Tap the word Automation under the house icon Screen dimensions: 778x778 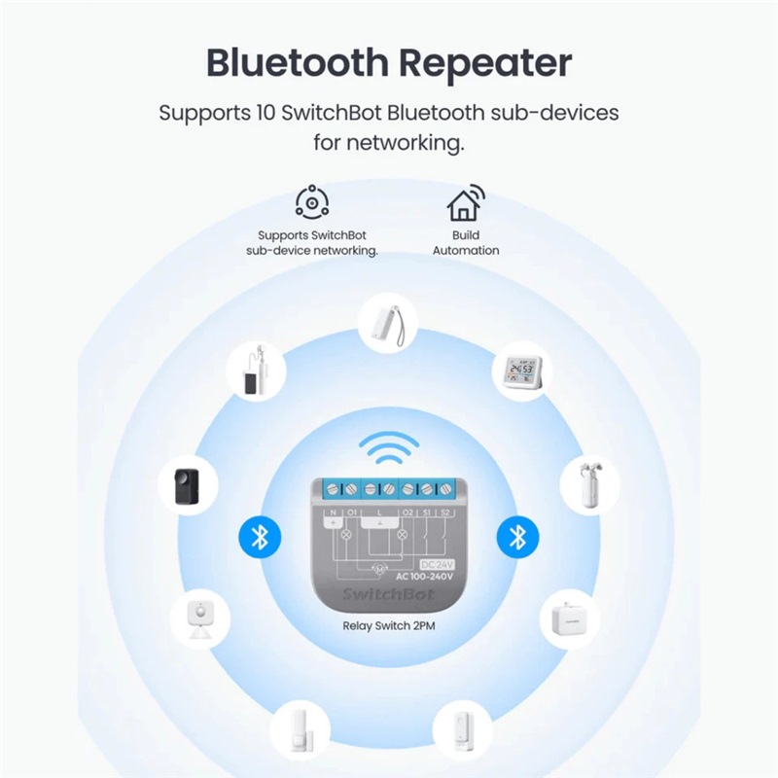pos(466,250)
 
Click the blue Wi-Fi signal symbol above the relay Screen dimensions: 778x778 pos(388,448)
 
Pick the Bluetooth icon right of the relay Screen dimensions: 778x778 pos(518,536)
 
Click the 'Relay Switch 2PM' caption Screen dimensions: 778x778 pos(388,626)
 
